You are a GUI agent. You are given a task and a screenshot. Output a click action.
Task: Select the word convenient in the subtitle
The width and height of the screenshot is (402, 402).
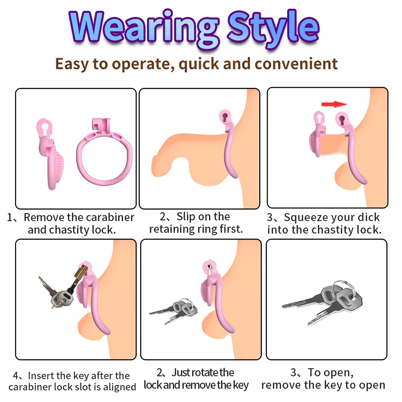click(x=296, y=64)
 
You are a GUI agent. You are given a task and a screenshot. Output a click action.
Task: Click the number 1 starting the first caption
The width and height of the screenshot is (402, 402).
click(x=10, y=218)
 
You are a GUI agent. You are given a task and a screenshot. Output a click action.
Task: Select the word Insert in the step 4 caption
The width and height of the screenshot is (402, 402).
click(x=42, y=376)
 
